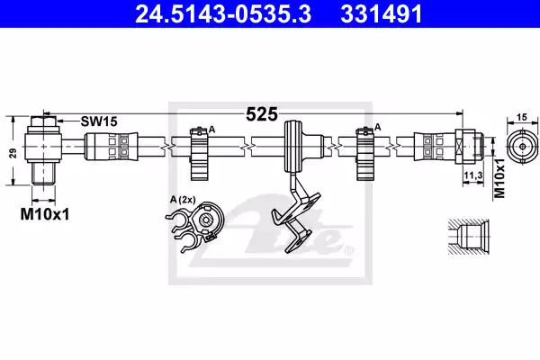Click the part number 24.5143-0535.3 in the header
pyautogui.click(x=223, y=14)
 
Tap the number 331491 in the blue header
pyautogui.click(x=382, y=14)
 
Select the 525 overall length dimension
pyautogui.click(x=262, y=114)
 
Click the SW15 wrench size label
pyautogui.click(x=99, y=121)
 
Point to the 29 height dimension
pyautogui.click(x=13, y=153)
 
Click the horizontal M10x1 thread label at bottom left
pyautogui.click(x=45, y=214)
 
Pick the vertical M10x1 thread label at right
pyautogui.click(x=499, y=178)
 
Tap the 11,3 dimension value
pyautogui.click(x=472, y=175)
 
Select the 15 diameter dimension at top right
pyautogui.click(x=522, y=117)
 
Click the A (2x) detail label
pyautogui.click(x=183, y=199)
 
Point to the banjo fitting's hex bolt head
pyautogui.click(x=43, y=121)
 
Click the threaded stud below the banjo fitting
pyautogui.click(x=43, y=174)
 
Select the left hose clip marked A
pyautogui.click(x=200, y=153)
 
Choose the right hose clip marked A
pyautogui.click(x=365, y=153)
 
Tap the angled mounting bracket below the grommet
pyautogui.click(x=296, y=214)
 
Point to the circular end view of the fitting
pyautogui.click(x=522, y=147)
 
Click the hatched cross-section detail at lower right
pyautogui.click(x=469, y=237)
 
